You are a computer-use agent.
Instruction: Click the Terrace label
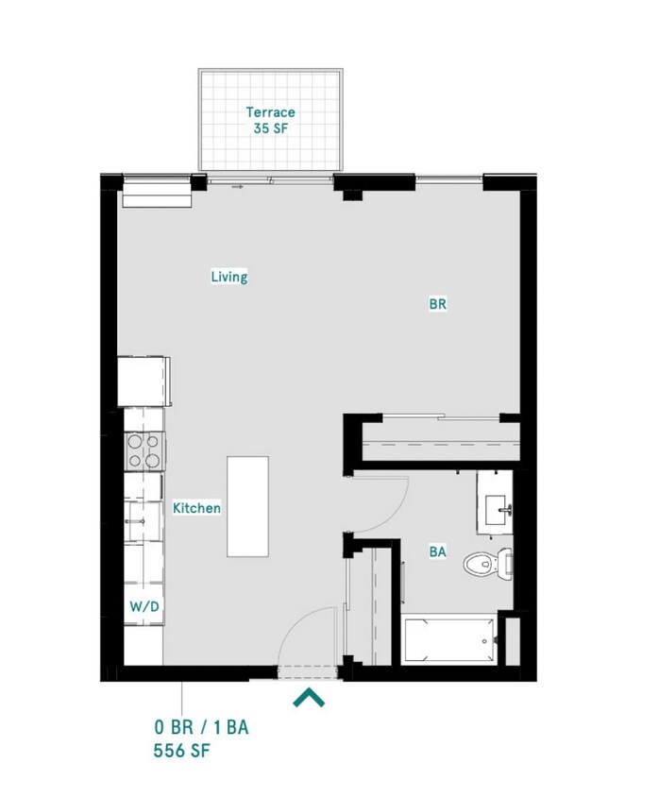[270, 111]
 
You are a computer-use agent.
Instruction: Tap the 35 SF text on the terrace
[270, 128]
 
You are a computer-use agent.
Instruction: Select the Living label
[229, 277]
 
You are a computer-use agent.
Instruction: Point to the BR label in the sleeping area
[437, 304]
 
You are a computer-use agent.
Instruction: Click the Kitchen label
[196, 508]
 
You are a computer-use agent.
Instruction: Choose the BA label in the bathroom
[437, 551]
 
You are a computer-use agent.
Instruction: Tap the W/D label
[144, 606]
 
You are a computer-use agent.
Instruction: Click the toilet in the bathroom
[488, 563]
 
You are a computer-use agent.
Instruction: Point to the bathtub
[449, 640]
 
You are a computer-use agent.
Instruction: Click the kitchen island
[247, 507]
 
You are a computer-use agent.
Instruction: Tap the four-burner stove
[144, 450]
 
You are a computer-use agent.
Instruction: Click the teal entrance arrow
[309, 697]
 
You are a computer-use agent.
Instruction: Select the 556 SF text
[181, 751]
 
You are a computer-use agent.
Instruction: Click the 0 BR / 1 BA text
[201, 727]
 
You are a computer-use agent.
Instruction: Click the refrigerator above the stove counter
[144, 382]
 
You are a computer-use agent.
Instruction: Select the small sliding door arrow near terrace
[237, 187]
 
